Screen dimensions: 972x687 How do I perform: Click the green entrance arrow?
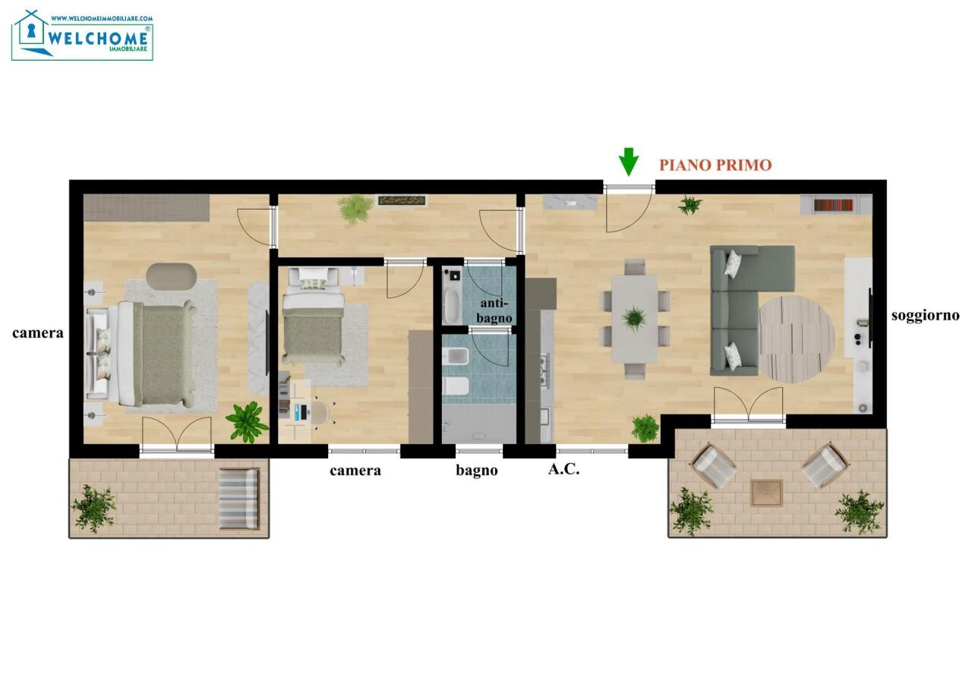(x=628, y=162)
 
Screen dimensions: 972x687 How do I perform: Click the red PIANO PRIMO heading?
(x=715, y=165)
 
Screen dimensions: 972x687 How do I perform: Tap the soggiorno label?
(x=926, y=316)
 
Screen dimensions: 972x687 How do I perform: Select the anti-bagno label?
(x=494, y=310)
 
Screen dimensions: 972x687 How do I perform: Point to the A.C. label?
(x=563, y=469)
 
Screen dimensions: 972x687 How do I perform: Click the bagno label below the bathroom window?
(x=476, y=471)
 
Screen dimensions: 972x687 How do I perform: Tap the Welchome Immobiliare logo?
(x=82, y=35)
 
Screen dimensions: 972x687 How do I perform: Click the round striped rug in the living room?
(x=797, y=339)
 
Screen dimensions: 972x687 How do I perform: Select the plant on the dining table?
(x=634, y=318)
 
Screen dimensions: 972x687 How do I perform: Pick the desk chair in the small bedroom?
(x=322, y=413)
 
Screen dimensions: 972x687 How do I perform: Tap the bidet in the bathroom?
(x=456, y=357)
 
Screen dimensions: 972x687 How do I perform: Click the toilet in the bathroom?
(x=456, y=386)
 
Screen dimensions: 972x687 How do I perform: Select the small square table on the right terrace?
(x=767, y=493)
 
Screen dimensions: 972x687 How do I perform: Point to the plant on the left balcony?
(x=93, y=509)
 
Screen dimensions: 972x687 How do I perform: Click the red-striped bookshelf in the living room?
(x=833, y=205)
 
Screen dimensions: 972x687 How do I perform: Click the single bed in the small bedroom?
(x=314, y=317)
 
